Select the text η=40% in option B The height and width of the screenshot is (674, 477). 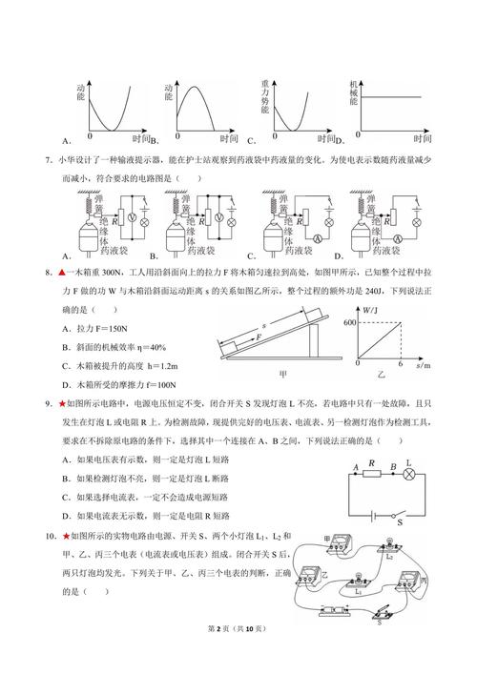(150, 346)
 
